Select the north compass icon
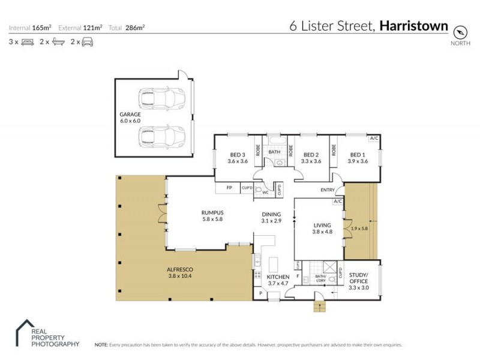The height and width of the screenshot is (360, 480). point(460,32)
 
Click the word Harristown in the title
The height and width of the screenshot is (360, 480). point(414,26)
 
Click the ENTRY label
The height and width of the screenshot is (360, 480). point(328,190)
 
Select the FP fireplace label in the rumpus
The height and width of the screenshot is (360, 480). point(229,188)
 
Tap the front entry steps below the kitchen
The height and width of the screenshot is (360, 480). point(320,307)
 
